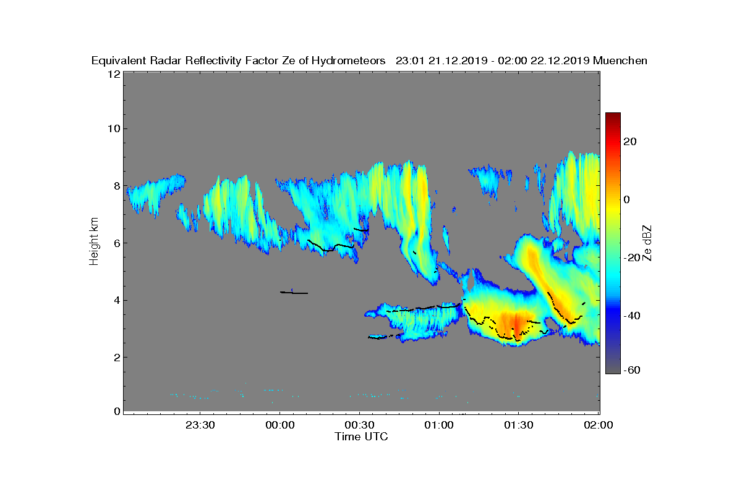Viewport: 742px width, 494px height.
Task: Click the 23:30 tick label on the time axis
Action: (x=200, y=425)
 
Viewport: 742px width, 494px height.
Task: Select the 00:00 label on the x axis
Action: (x=280, y=425)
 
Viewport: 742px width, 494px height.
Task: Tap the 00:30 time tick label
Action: (x=359, y=425)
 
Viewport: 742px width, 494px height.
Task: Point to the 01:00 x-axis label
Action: (x=439, y=425)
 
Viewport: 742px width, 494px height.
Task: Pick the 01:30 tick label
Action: (x=519, y=425)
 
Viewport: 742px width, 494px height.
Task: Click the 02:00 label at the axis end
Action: (x=599, y=425)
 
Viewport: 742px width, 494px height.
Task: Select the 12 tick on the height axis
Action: (x=114, y=74)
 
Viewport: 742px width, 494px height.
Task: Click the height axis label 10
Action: (x=114, y=128)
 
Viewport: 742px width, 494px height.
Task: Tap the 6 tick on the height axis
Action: (x=117, y=243)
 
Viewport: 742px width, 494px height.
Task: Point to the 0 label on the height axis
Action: (x=117, y=411)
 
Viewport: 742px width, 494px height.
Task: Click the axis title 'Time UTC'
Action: (x=361, y=437)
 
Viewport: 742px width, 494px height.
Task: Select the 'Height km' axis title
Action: (x=94, y=241)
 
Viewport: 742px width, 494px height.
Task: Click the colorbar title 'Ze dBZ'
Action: (x=647, y=243)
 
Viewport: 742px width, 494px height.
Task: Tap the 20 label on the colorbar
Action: (x=630, y=141)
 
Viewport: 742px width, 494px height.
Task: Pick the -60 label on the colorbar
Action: (x=632, y=370)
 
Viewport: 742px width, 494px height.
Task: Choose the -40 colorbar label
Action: (x=632, y=316)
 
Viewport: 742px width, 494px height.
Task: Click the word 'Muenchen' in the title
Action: (x=620, y=61)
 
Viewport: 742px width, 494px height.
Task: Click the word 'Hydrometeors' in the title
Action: (x=349, y=61)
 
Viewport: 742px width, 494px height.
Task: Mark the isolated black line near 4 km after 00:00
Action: (x=294, y=293)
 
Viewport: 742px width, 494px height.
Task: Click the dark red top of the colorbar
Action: (x=613, y=117)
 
